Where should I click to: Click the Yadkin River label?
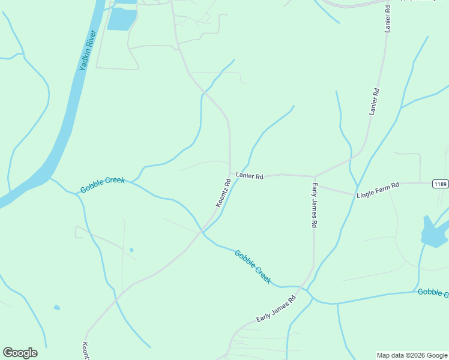[88, 56]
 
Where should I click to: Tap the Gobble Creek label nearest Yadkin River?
[102, 185]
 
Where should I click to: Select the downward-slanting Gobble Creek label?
[253, 267]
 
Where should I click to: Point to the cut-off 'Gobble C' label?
[433, 292]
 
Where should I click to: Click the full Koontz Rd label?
[223, 193]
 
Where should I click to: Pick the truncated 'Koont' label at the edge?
[85, 351]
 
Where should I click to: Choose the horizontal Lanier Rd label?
[250, 176]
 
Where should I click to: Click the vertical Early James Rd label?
[314, 205]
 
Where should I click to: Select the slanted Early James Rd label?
[276, 308]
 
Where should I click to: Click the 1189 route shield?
[440, 184]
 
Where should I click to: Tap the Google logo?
[20, 353]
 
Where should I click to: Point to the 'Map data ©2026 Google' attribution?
[412, 355]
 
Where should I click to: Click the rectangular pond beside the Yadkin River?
[122, 19]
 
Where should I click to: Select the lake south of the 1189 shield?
[432, 233]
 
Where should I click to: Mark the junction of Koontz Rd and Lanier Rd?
[230, 174]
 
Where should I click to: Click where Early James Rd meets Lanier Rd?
[315, 176]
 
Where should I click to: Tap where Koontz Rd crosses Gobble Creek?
[202, 232]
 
